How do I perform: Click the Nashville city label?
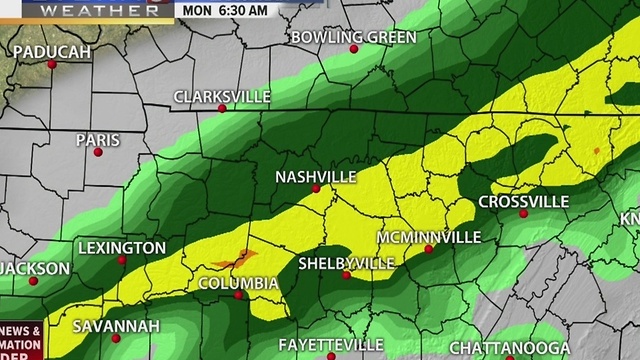point(316,177)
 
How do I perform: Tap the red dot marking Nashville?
point(316,188)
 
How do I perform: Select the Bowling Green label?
point(339,37)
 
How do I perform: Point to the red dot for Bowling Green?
point(353,48)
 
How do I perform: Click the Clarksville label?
point(222,97)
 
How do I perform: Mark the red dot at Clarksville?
point(223,108)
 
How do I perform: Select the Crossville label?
point(523,202)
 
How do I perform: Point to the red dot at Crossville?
point(522,213)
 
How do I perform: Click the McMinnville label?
point(427,238)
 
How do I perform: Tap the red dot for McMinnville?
point(428,250)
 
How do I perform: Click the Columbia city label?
point(238,283)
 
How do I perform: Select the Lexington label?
point(121,248)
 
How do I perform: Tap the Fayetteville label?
point(331,344)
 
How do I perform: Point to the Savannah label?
point(116,327)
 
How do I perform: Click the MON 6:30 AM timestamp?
point(226,10)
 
